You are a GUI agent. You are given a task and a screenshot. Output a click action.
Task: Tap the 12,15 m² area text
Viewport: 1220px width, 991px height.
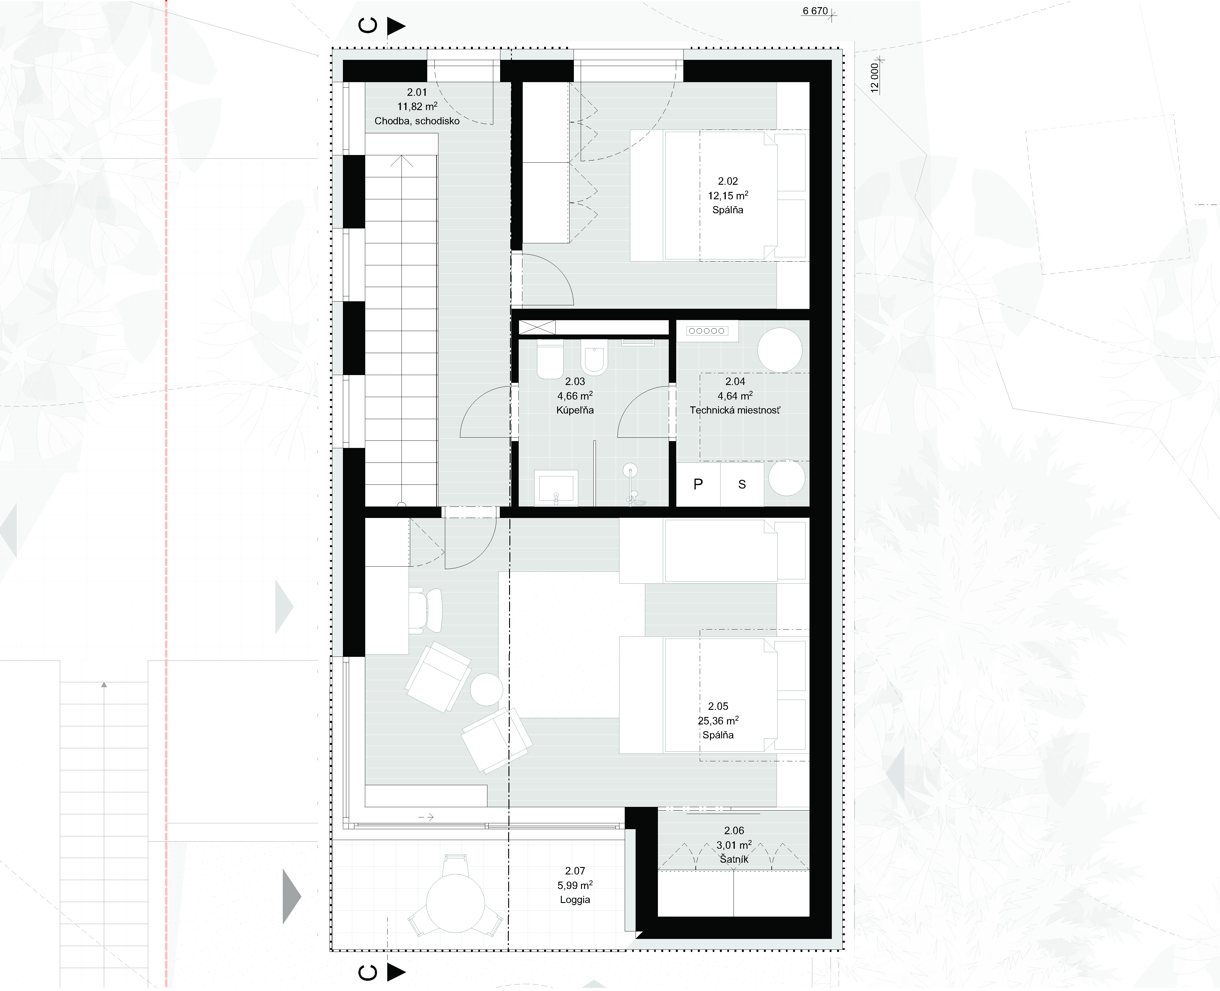728,195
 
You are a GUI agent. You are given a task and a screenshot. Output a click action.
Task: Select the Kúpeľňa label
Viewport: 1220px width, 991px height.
575,410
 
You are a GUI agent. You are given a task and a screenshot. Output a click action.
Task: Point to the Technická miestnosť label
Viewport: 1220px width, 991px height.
735,410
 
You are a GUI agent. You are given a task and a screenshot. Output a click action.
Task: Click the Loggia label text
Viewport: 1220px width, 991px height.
575,900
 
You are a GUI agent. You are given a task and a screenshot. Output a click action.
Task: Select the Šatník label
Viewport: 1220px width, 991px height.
734,859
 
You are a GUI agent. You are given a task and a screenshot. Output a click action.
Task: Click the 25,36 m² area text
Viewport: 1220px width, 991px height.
718,720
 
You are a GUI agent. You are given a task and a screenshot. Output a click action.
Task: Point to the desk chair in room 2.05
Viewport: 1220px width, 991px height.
425,610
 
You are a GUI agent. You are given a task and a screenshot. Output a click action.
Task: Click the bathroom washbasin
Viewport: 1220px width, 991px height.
556,488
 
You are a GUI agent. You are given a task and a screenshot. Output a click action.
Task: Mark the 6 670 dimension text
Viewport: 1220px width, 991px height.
815,11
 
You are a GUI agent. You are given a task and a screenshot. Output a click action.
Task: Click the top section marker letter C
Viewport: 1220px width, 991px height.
368,26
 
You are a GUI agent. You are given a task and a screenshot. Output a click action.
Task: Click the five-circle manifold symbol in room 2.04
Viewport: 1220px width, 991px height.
707,330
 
